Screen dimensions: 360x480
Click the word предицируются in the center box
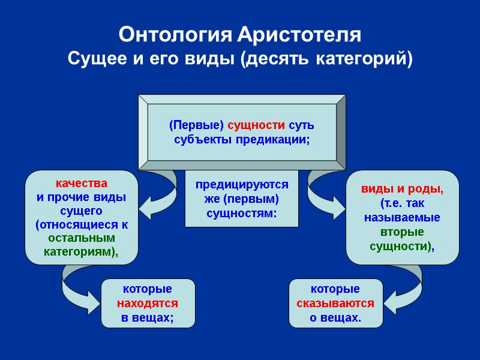click(x=242, y=185)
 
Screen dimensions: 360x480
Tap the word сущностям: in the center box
click(x=242, y=212)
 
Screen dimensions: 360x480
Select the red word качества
click(x=82, y=183)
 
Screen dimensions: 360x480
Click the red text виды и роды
click(x=402, y=190)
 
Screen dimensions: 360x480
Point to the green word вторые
click(x=402, y=232)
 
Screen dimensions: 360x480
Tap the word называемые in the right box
click(x=402, y=217)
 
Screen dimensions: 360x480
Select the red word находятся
click(x=148, y=303)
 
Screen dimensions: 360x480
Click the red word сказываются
click(x=335, y=303)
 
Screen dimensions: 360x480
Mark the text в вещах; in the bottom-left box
click(x=148, y=317)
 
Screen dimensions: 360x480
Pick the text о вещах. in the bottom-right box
click(x=335, y=317)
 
